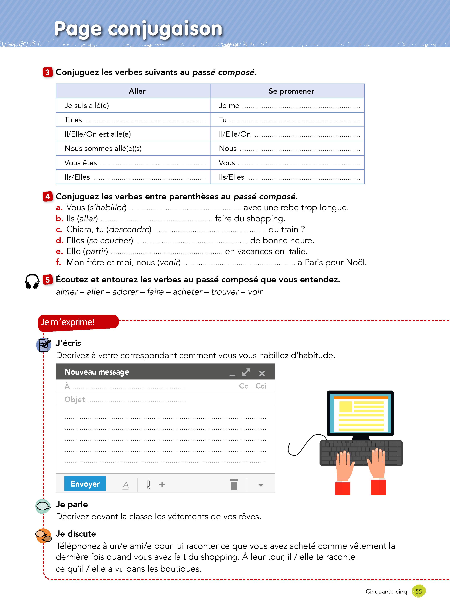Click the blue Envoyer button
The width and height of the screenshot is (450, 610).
[85, 484]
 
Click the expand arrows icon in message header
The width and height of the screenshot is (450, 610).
[246, 372]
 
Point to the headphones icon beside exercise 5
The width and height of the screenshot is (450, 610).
[32, 281]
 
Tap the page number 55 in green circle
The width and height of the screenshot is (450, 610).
[419, 591]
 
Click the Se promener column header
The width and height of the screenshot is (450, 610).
[291, 91]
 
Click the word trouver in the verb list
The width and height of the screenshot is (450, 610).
[225, 292]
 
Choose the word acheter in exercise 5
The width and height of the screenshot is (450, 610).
[187, 292]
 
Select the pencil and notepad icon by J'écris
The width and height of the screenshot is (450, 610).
[44, 345]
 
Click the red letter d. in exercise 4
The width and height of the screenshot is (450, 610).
[59, 240]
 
